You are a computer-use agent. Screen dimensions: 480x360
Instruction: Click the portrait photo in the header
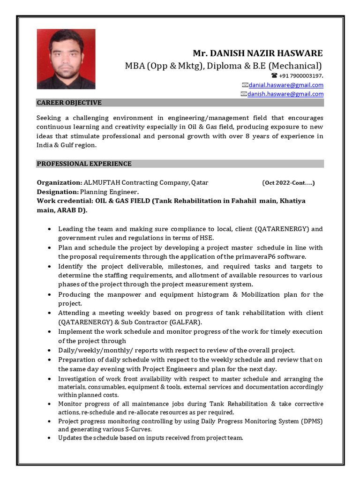click(66, 59)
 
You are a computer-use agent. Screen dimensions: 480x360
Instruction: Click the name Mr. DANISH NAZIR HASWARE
click(258, 53)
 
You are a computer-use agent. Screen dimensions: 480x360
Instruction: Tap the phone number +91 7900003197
click(300, 75)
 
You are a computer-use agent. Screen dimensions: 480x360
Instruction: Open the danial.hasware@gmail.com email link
click(286, 85)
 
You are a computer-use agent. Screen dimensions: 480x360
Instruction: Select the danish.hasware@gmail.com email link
click(285, 94)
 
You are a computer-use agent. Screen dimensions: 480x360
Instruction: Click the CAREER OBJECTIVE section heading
click(69, 103)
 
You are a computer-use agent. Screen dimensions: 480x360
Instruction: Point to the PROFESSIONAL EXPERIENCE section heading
click(84, 164)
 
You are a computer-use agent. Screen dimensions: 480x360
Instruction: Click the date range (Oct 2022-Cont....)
click(288, 183)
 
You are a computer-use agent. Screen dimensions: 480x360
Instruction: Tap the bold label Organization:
click(60, 182)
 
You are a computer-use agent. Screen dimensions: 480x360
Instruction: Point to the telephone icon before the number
click(274, 75)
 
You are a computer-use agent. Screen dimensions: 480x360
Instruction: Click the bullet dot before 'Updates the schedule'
click(50, 438)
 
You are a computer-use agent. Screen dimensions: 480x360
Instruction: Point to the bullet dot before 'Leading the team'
click(50, 229)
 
